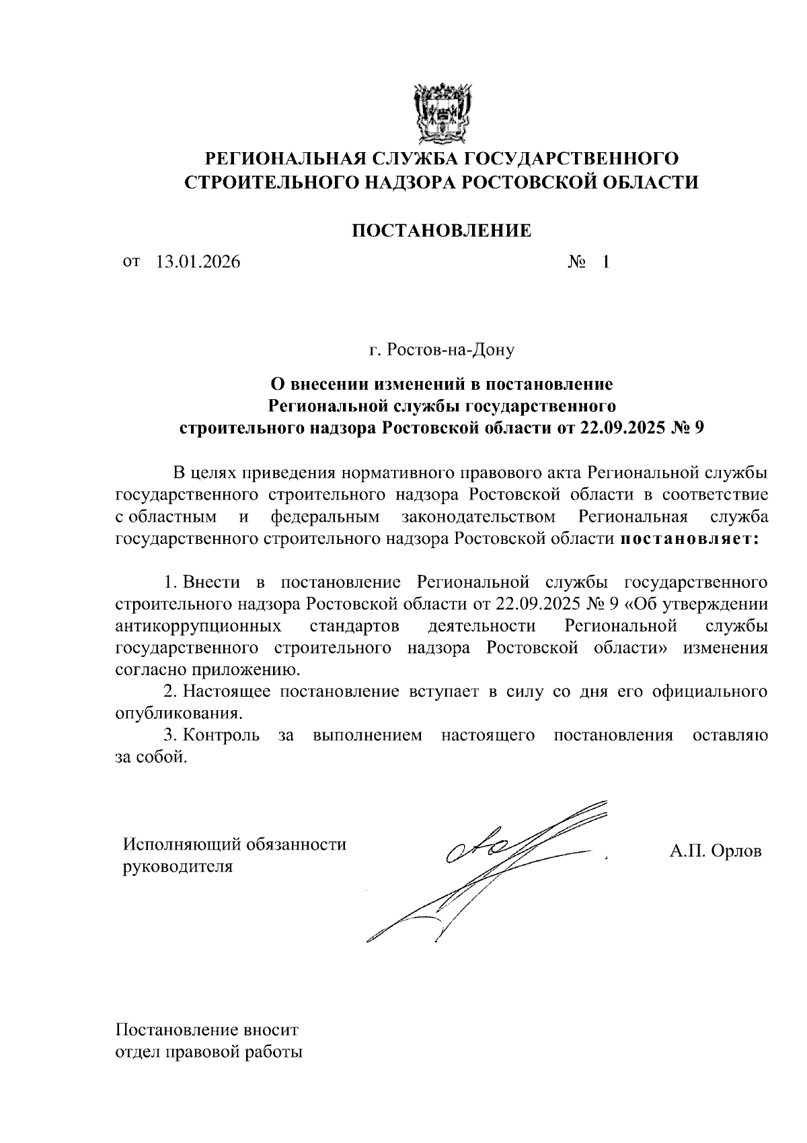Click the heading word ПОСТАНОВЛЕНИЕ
coord(442,231)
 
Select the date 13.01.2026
coord(198,262)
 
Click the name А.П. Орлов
coord(715,851)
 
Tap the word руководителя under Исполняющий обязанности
coord(177,866)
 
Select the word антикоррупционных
coord(198,626)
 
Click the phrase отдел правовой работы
coord(209,1052)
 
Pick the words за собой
coord(149,757)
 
